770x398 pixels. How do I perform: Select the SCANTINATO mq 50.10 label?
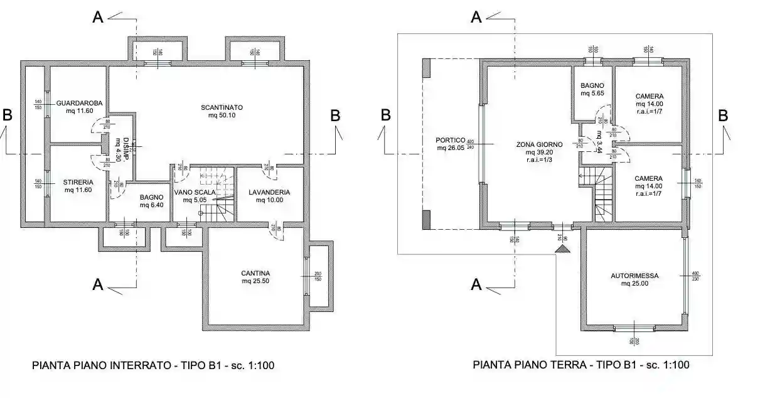222,111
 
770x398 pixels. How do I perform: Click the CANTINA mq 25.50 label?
255,277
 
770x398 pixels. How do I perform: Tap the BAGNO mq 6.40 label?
151,201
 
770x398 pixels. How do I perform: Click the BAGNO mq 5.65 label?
592,89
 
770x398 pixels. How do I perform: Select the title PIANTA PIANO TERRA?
581,365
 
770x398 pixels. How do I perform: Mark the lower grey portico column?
427,220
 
